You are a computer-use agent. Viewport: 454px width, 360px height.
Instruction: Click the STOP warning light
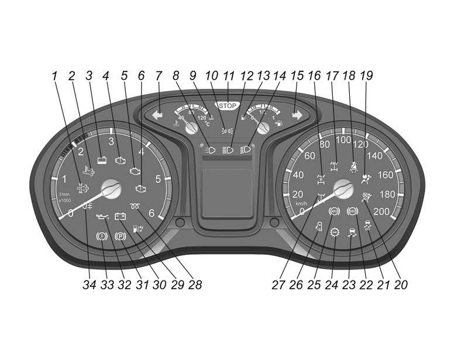[228, 106]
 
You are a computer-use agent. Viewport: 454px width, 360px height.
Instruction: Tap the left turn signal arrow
[157, 115]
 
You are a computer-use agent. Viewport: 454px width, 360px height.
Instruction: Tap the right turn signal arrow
[297, 115]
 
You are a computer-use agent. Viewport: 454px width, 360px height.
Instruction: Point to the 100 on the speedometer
[343, 140]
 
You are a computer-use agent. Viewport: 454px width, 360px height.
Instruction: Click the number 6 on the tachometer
[152, 213]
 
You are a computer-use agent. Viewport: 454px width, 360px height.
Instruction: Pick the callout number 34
[88, 285]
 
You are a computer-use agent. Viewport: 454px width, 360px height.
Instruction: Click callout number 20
[401, 285]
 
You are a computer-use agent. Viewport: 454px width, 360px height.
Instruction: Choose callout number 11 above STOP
[228, 75]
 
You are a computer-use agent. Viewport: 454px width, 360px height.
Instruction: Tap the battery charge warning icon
[121, 216]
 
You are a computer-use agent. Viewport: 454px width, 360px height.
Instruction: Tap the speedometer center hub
[343, 188]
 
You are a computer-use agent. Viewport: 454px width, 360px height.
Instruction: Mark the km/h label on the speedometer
[301, 203]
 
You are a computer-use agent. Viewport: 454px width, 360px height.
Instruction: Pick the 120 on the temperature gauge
[203, 117]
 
